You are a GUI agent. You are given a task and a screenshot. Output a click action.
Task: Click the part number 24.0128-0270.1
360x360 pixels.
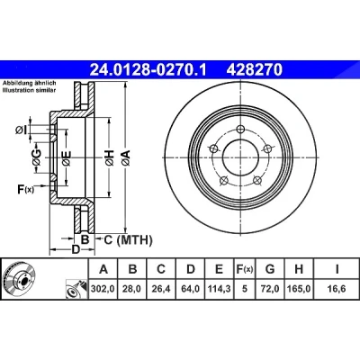click(148, 69)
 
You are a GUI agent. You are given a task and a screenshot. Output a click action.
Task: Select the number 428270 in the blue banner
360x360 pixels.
click(255, 69)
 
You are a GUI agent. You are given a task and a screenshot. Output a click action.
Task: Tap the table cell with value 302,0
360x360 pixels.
click(103, 289)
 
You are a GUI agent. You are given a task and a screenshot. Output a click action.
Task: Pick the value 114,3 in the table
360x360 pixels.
click(219, 289)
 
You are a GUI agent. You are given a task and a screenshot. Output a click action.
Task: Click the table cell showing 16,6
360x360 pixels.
click(337, 289)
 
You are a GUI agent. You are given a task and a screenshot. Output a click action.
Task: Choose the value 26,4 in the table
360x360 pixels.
click(161, 289)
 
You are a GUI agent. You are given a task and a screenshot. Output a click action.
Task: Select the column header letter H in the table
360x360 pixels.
click(299, 269)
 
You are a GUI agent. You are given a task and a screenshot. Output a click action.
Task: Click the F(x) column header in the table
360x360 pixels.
click(245, 269)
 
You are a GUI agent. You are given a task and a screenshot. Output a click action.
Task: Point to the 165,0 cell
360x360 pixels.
click(299, 289)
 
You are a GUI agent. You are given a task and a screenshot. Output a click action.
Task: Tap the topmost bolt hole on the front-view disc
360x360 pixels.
click(239, 130)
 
